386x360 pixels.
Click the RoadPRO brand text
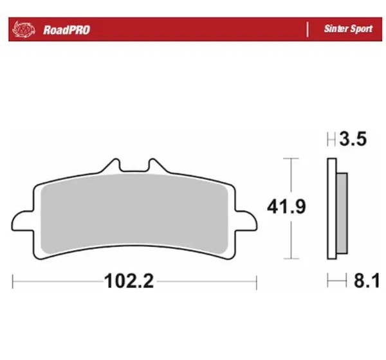(66, 30)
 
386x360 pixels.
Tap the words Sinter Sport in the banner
(348, 29)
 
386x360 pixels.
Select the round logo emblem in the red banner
(24, 30)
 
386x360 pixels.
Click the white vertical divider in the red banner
(308, 30)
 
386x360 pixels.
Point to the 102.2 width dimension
(129, 281)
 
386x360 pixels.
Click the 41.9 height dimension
(286, 207)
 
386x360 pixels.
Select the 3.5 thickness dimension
(353, 139)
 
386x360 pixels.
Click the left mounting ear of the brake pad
(22, 221)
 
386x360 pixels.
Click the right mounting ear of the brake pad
(246, 221)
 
